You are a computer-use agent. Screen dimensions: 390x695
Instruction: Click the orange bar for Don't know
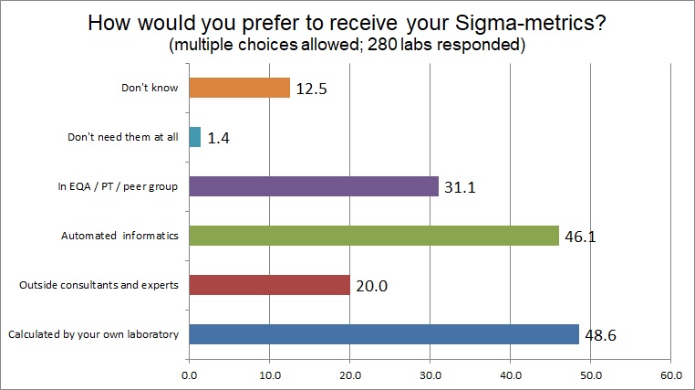tap(239, 88)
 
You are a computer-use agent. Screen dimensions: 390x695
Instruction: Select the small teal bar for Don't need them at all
tap(194, 137)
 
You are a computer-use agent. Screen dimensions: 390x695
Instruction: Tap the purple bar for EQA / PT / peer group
tap(314, 186)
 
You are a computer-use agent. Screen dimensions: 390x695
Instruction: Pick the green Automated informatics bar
tap(374, 236)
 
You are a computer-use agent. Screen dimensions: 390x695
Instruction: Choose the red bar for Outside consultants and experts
tap(269, 285)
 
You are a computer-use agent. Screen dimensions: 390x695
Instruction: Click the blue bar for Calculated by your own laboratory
tap(384, 334)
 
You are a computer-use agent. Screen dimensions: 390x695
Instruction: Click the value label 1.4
tap(219, 138)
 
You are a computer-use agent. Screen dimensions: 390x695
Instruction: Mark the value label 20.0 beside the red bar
tap(371, 286)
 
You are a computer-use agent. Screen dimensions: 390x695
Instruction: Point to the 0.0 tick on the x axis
tap(189, 374)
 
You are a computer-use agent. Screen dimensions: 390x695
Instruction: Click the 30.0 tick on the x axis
tap(430, 374)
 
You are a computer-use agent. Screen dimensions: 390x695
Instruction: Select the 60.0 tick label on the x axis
tap(670, 374)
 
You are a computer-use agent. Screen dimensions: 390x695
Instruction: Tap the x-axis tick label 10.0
tap(269, 374)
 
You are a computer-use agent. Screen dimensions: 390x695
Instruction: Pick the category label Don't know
tap(150, 89)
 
